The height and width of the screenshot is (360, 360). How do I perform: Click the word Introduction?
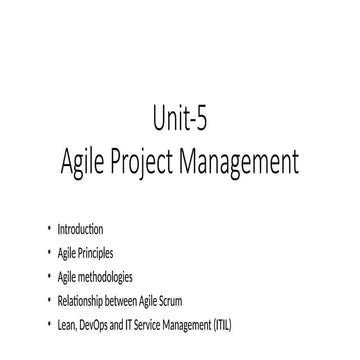click(80, 230)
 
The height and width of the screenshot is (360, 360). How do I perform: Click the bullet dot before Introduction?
click(47, 230)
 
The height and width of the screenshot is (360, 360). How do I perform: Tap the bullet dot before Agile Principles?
click(47, 253)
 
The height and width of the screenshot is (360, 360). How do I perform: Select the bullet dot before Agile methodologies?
click(47, 275)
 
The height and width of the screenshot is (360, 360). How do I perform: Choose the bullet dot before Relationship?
click(47, 298)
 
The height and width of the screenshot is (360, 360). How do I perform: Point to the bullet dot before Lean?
click(47, 321)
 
